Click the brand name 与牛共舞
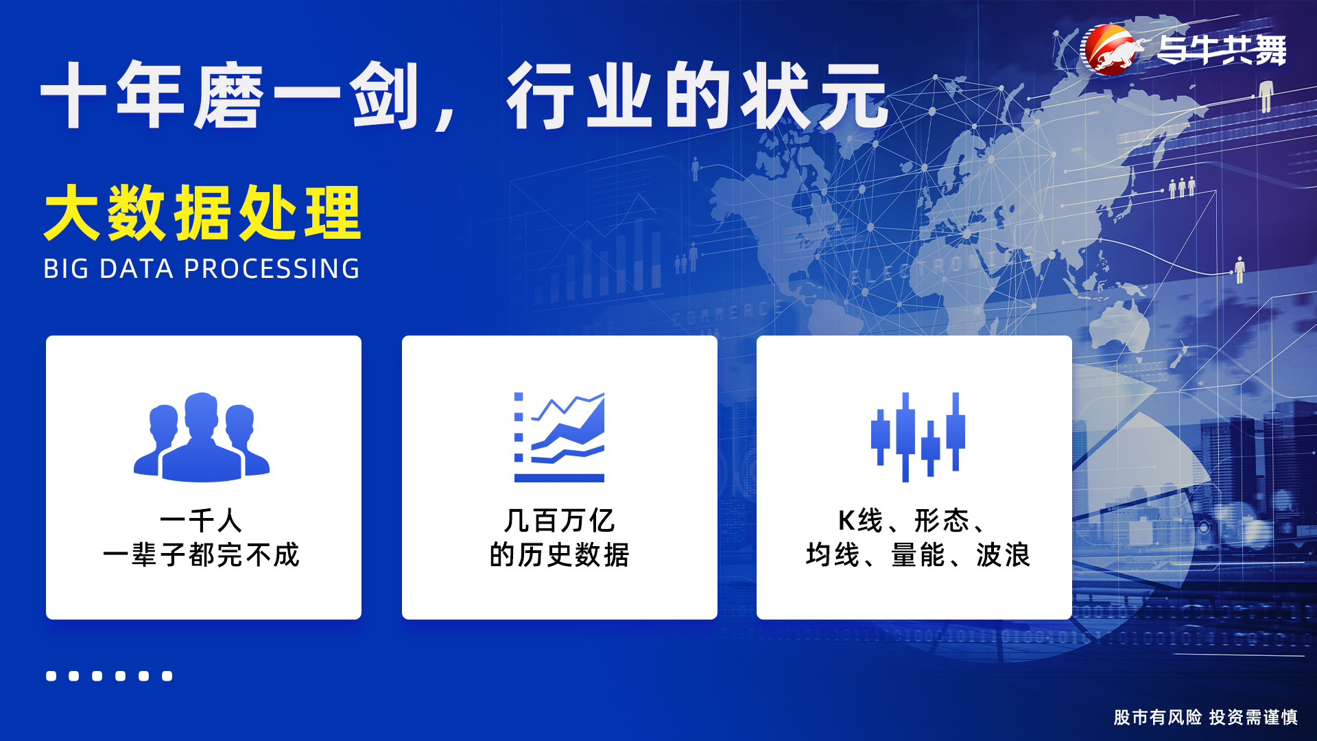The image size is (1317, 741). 1222,50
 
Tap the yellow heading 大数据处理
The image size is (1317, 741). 202,213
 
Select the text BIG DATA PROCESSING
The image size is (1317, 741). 202,268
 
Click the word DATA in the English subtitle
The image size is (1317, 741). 137,268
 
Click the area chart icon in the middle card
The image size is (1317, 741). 559,437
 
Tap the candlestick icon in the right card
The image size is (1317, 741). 918,437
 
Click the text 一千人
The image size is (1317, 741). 201,520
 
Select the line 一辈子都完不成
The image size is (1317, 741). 201,554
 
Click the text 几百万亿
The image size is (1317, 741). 559,520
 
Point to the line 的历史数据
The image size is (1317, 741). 559,554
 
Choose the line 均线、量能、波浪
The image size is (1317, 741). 918,554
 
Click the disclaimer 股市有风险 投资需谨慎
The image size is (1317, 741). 1205,717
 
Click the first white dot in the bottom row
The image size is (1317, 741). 51,676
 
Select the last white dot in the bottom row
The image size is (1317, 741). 167,676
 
